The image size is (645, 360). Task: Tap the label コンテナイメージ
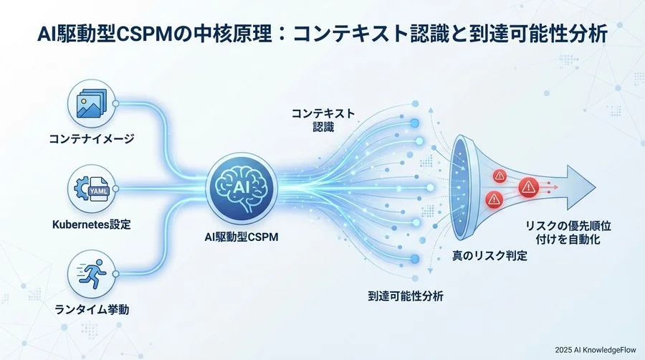click(91, 139)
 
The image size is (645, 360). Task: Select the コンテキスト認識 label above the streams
click(322, 118)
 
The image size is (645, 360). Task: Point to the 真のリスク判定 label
click(489, 255)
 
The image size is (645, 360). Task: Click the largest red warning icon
click(529, 188)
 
